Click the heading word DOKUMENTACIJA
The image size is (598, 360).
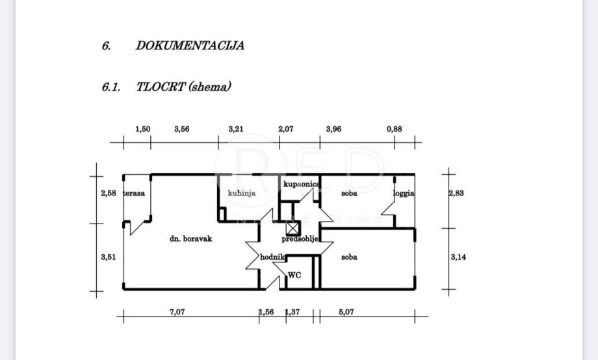click(x=190, y=45)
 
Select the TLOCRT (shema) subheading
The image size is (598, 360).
click(x=184, y=86)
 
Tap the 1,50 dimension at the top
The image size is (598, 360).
click(x=142, y=129)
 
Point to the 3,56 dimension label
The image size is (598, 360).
click(x=182, y=129)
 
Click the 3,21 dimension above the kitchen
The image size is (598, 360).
click(x=236, y=129)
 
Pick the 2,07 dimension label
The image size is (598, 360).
click(x=285, y=129)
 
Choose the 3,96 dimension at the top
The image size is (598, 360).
click(x=333, y=129)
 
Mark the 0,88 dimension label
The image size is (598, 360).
click(x=394, y=129)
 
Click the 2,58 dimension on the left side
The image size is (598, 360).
click(x=108, y=193)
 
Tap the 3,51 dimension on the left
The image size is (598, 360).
click(x=108, y=257)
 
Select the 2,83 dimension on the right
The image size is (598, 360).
click(x=458, y=193)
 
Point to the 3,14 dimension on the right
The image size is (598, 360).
click(x=458, y=257)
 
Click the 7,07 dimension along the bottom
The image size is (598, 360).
click(x=177, y=313)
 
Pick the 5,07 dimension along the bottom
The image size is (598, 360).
click(x=347, y=313)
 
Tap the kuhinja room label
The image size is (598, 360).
click(x=241, y=193)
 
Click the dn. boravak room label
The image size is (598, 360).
click(x=190, y=238)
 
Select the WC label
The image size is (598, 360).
click(x=294, y=275)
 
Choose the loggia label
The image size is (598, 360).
click(x=404, y=193)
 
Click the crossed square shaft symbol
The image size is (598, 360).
click(x=292, y=227)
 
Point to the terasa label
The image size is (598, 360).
click(x=135, y=193)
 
